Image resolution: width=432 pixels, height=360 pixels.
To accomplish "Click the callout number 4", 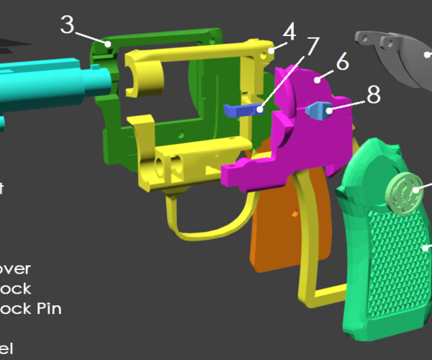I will point(289,32).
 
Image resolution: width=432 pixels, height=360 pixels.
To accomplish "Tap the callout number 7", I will point(311,48).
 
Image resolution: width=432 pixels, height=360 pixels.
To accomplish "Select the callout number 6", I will point(342,62).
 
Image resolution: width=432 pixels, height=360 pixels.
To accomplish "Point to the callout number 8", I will point(374,96).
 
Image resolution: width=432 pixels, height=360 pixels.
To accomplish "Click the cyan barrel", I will point(43,83).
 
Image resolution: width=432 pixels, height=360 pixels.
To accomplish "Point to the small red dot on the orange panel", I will point(294,214).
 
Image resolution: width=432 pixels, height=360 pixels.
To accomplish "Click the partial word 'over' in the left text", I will point(14,269).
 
